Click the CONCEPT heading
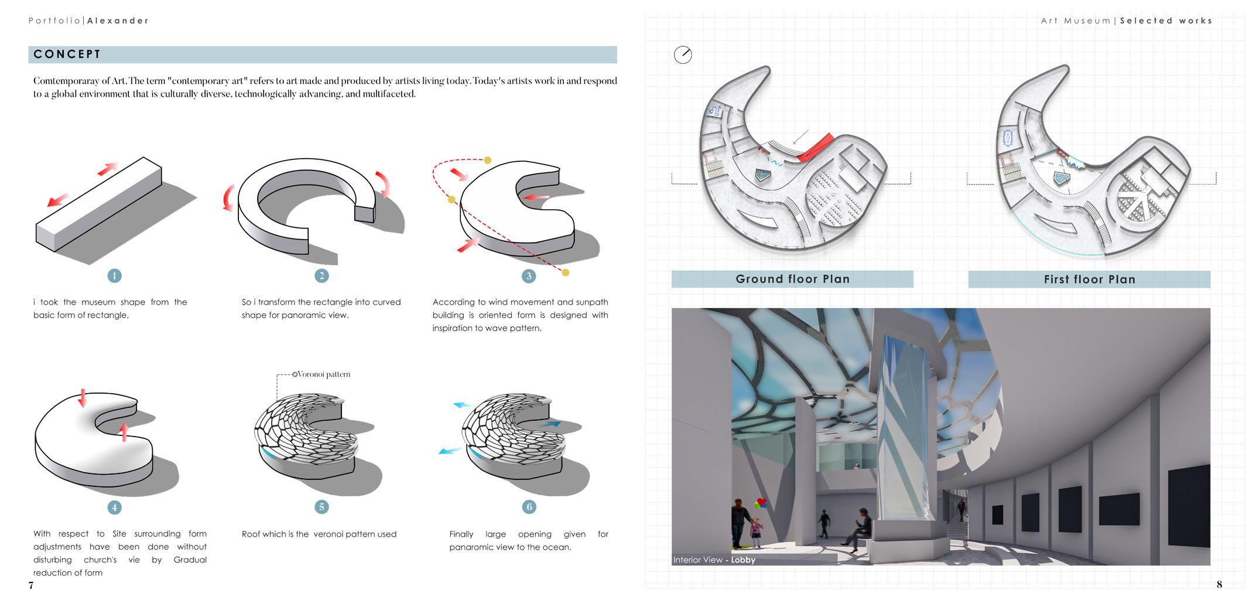coord(67,54)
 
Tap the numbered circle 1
coord(114,275)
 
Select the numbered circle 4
coord(114,507)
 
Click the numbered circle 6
coord(529,507)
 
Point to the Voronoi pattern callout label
coord(323,374)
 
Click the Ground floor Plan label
coord(792,279)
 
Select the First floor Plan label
coord(1089,279)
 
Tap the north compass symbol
coord(683,55)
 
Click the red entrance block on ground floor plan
coord(816,147)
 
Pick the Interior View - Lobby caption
coord(714,560)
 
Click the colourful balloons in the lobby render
coord(761,503)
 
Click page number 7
coord(31,585)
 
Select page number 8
coord(1219,584)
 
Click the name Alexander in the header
coord(118,21)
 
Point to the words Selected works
coord(1166,21)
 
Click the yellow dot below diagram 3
coord(565,272)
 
